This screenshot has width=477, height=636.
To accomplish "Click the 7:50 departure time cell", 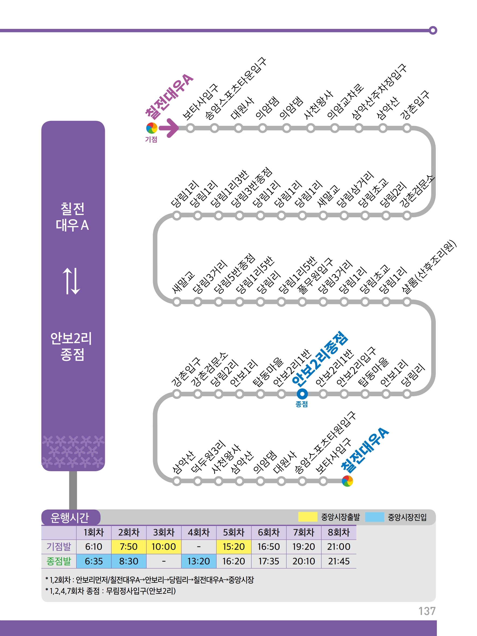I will pos(129,546).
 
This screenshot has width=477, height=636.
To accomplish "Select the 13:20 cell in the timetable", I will pos(199,561).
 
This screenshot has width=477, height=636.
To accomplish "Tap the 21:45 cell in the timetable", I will pos(339,561).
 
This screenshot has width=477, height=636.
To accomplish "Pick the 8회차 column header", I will pos(339,532).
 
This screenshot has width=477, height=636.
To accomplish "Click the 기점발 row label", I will pos(59,546).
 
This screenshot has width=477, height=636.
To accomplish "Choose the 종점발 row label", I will pos(59,561).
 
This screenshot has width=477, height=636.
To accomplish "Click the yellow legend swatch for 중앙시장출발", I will pos(307,517).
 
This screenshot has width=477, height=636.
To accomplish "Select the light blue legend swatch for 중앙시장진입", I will pos(374,517).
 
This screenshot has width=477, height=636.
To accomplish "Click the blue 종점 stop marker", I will pos(302,394).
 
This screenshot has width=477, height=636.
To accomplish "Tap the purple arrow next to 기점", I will pos(169,128).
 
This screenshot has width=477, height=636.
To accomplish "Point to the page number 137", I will pos(427,611).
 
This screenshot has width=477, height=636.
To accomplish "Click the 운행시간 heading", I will pos(70,518).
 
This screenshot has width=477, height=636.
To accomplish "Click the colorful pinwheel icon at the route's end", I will pos(347,481).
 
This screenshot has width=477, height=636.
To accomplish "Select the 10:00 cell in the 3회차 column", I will pos(164,546).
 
